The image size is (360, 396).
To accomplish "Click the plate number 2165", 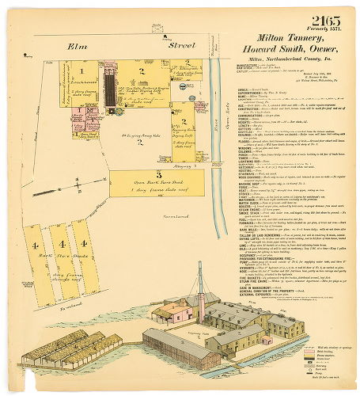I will point(326,20).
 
